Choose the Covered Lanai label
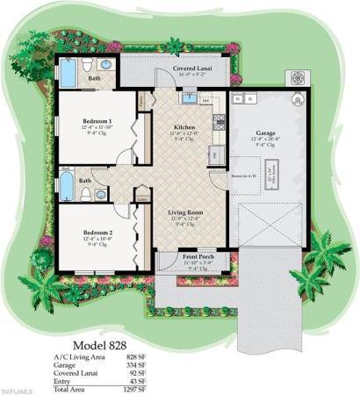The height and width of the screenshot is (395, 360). (x=172, y=68)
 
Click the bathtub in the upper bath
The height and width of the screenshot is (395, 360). (x=68, y=73)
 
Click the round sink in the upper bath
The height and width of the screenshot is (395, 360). (x=104, y=65)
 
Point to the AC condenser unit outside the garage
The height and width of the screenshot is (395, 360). (x=296, y=76)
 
